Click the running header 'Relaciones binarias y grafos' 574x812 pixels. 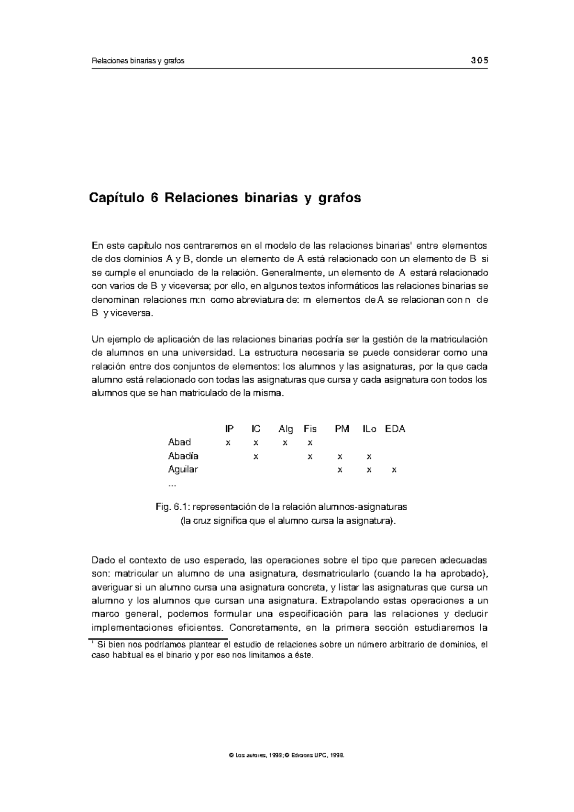coord(138,61)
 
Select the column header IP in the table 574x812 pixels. coord(230,429)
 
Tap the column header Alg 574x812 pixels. coord(286,429)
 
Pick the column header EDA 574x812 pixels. coord(395,429)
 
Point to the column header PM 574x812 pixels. coord(342,429)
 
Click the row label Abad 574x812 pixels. coord(179,442)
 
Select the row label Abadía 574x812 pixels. coord(183,456)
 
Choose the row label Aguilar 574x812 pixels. coord(183,469)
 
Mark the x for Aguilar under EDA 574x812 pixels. coord(394,470)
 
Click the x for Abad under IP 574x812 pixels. coord(228,443)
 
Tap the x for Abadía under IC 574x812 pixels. coord(256,457)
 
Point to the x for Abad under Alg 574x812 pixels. coord(285,443)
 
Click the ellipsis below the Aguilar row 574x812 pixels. coord(172,485)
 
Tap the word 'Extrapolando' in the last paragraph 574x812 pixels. coord(349,601)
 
